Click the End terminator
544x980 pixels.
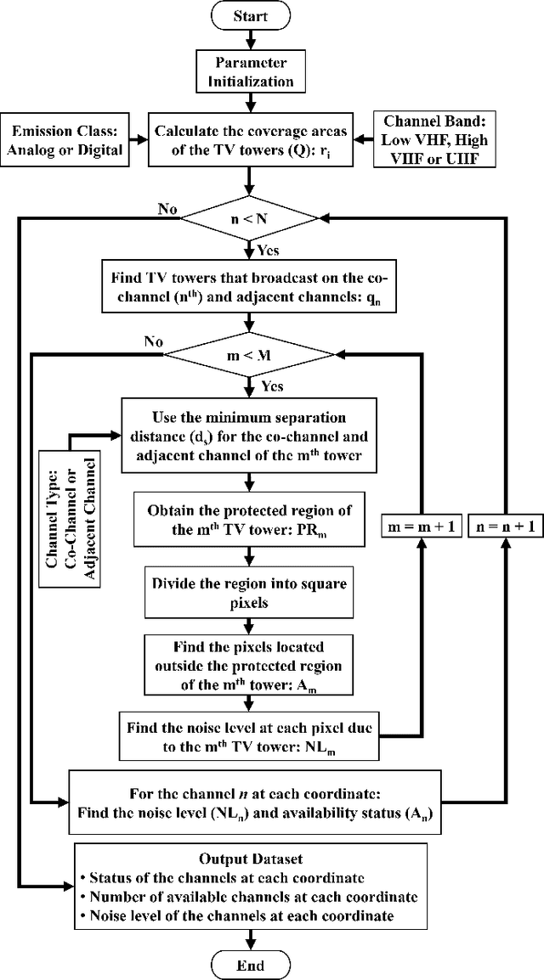pos(248,965)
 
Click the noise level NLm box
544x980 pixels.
pos(247,735)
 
